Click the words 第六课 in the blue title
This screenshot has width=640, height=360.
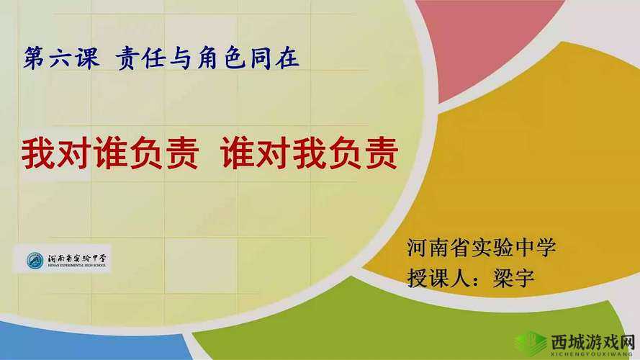62,58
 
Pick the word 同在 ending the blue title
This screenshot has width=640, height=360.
276,58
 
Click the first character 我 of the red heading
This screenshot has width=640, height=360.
37,153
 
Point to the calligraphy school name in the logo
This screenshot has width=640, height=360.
78,256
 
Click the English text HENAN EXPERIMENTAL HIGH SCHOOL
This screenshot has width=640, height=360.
78,266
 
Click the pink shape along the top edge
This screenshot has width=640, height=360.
482,36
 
